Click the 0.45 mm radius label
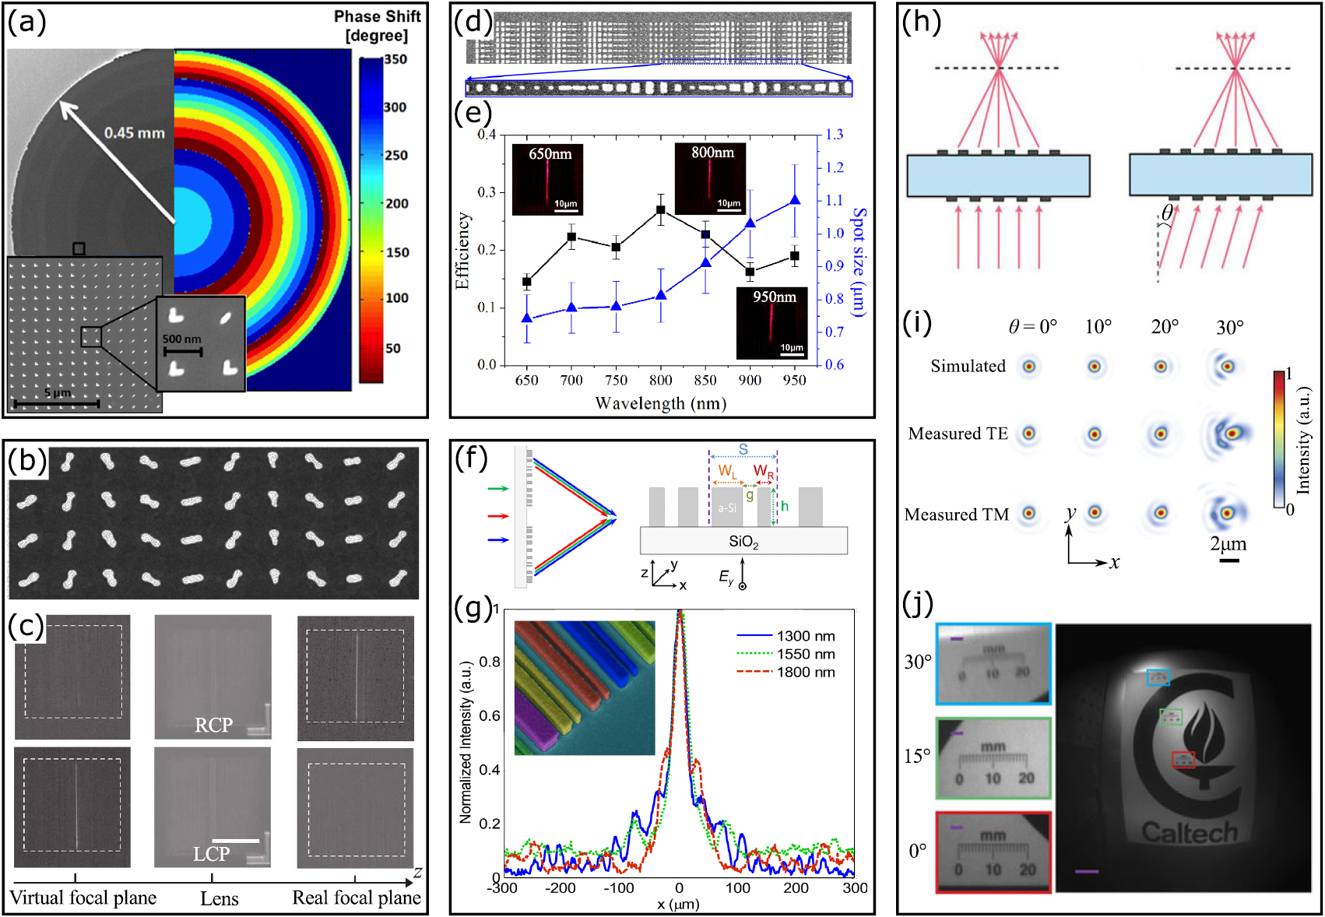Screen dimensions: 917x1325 tap(135, 133)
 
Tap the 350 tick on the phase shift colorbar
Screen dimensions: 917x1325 tap(395, 59)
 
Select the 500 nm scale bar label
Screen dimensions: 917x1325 tap(181, 339)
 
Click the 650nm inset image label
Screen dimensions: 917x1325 tap(550, 154)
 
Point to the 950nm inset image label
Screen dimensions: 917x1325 tap(774, 297)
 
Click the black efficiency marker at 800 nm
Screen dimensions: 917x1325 tap(661, 210)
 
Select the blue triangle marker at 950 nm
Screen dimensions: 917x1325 tap(795, 200)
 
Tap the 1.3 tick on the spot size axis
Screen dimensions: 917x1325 tap(835, 135)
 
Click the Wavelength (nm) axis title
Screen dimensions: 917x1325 tap(660, 403)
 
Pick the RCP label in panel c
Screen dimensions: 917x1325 tap(213, 725)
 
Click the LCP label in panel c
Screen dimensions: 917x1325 tap(211, 854)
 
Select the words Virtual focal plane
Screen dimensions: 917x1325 tap(83, 898)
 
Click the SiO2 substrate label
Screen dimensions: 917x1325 tap(743, 542)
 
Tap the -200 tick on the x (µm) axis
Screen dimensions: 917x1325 tap(560, 887)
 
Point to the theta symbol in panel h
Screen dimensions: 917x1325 tap(1167, 213)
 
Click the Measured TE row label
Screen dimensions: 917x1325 tap(958, 434)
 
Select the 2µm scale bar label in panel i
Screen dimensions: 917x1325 tap(1228, 543)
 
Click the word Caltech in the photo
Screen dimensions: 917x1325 tap(1190, 832)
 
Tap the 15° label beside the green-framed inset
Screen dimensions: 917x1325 tap(917, 756)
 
